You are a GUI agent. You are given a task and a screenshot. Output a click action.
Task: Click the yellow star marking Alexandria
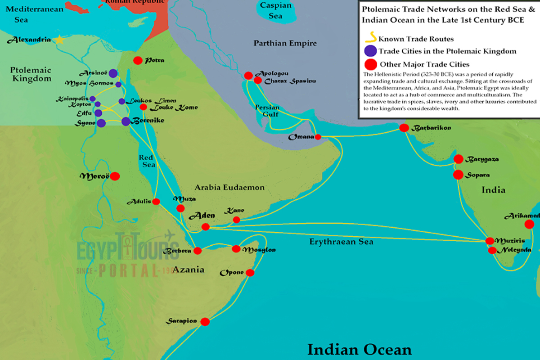click(x=59, y=40)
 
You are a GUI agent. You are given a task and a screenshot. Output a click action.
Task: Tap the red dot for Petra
click(x=138, y=60)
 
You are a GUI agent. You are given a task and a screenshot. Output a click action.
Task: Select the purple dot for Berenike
click(x=126, y=121)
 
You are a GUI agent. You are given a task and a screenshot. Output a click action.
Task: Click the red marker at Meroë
click(x=115, y=176)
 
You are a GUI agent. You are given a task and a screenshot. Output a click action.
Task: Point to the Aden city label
click(x=202, y=216)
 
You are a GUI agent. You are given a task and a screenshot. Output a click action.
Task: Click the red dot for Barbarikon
click(x=404, y=128)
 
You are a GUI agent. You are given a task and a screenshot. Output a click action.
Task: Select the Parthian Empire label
click(x=285, y=44)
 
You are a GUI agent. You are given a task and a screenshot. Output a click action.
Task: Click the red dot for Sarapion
click(x=205, y=321)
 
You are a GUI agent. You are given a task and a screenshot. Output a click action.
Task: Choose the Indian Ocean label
click(x=359, y=349)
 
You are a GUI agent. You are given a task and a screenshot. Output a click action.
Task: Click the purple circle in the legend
click(x=370, y=51)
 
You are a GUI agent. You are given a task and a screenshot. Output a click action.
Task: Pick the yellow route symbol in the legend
click(x=372, y=39)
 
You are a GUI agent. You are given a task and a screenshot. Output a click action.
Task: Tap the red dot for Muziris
click(x=490, y=241)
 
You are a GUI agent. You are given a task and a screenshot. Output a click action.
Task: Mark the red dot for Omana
click(x=318, y=137)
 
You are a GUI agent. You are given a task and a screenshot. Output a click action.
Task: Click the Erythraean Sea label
click(x=341, y=242)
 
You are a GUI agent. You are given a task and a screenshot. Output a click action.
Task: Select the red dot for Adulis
click(x=156, y=202)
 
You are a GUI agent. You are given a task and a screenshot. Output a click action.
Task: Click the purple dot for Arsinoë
click(x=113, y=73)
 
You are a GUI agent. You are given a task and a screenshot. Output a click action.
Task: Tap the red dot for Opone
click(x=250, y=272)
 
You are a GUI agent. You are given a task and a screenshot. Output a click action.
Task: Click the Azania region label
click(x=189, y=270)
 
